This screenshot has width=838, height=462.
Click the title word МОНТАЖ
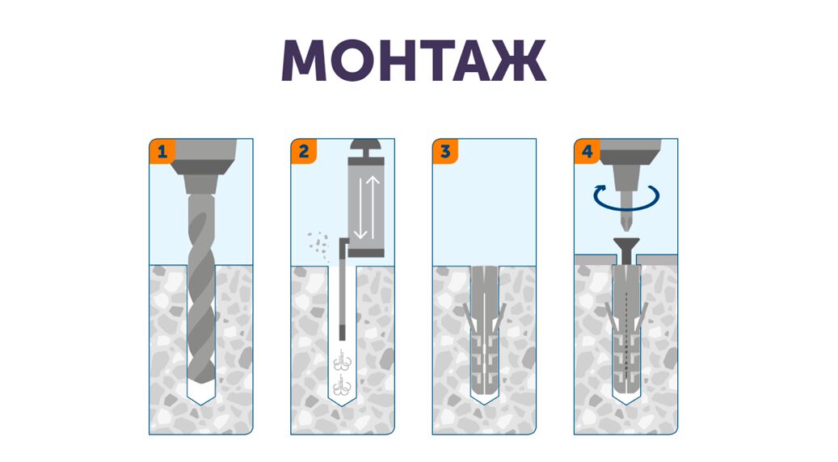click(x=414, y=61)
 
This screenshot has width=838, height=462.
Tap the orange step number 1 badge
click(x=162, y=152)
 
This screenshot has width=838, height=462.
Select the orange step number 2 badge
click(x=304, y=152)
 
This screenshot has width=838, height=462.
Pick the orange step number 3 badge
click(x=445, y=152)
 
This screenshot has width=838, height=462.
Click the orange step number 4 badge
click(x=587, y=152)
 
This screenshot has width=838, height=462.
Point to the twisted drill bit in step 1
click(x=201, y=288)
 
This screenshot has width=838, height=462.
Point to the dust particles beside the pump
click(x=318, y=246)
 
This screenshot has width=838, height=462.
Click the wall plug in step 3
click(x=484, y=334)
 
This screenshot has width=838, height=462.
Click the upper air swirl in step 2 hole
click(x=342, y=360)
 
